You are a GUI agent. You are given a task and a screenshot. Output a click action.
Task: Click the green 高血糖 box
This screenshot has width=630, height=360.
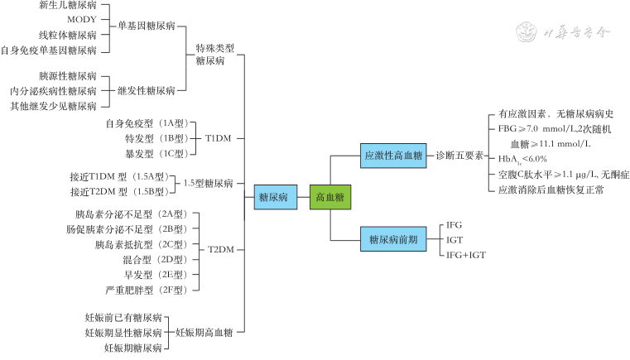[330, 197]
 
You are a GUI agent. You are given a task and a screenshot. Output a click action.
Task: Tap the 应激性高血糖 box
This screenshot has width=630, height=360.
[393, 154]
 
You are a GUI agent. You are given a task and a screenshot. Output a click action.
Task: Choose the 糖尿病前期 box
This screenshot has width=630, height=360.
[393, 239]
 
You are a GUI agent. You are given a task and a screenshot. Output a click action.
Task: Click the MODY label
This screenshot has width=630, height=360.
[81, 20]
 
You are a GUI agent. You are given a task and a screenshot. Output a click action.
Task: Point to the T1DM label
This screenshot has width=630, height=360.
[219, 138]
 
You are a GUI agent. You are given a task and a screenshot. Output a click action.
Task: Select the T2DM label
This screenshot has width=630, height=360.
[219, 249]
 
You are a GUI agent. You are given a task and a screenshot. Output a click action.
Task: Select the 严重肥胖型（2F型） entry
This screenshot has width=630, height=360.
[147, 290]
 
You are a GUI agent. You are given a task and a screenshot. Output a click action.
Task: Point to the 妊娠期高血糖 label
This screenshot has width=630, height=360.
[204, 332]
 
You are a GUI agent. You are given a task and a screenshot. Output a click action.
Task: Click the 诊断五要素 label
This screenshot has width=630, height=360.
[459, 154]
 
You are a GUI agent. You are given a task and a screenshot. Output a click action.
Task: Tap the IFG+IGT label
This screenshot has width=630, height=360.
[466, 254]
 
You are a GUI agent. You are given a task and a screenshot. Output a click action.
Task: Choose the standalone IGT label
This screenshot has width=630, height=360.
[454, 239]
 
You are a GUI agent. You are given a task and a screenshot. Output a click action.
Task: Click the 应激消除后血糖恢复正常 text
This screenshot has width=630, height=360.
[546, 190]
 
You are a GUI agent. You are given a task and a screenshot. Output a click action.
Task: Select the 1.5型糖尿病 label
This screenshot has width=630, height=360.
[208, 184]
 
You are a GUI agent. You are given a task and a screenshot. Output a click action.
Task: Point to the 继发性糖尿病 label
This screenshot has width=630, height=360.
[147, 90]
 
